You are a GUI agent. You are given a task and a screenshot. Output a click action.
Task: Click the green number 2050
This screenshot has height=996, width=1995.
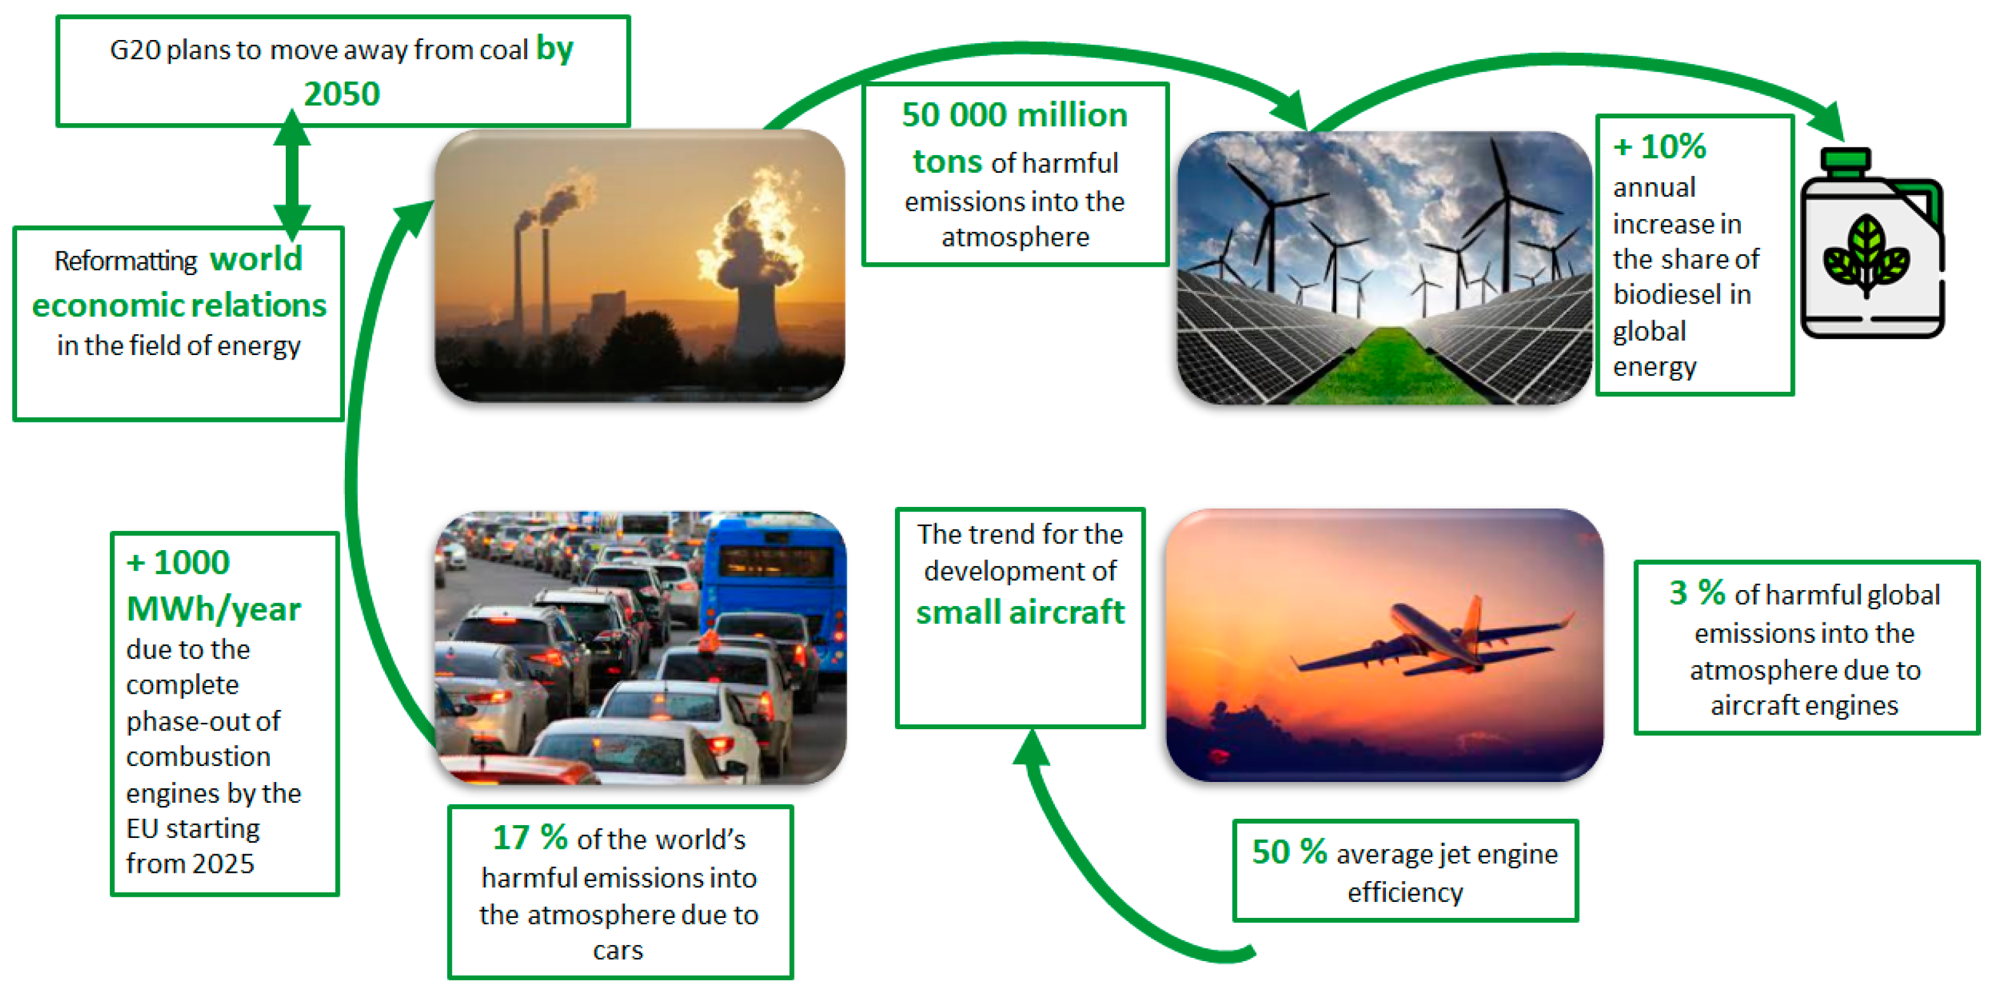click(x=342, y=95)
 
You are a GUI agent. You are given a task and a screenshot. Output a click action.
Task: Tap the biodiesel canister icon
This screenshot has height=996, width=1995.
click(x=1872, y=243)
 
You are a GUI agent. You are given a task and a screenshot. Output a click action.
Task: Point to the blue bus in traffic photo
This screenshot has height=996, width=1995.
click(x=774, y=589)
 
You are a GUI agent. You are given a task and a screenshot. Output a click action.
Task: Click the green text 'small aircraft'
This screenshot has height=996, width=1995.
click(x=1020, y=612)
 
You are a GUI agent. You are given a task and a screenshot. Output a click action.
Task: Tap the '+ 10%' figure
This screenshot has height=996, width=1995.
click(x=1660, y=146)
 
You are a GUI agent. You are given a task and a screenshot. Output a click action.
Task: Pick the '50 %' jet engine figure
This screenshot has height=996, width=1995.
click(x=1289, y=852)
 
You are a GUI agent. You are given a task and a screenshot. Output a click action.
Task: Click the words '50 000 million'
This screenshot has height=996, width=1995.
click(x=1014, y=114)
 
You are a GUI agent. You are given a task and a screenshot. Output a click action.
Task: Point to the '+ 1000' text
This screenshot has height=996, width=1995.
click(x=178, y=562)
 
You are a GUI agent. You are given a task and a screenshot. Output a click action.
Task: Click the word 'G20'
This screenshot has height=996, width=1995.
click(x=135, y=50)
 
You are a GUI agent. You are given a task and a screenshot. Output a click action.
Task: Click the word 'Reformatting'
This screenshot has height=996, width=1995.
click(x=126, y=261)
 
